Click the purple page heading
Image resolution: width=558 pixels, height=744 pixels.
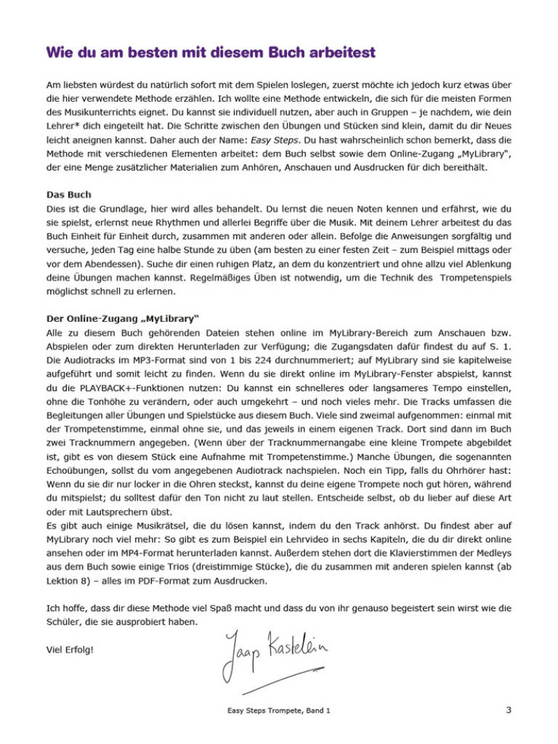pos(211,53)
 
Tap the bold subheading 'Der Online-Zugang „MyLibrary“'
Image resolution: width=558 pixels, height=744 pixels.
pos(123,319)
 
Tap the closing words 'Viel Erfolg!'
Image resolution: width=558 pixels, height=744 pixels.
pos(70,650)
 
